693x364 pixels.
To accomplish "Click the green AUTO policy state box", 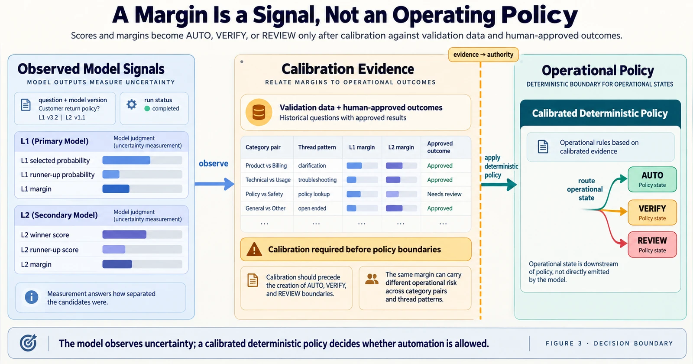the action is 652,179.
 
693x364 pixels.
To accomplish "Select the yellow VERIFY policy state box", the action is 652,213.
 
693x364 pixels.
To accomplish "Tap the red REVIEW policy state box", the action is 652,244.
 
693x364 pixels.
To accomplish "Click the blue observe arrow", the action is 214,184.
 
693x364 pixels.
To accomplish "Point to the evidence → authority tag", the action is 483,55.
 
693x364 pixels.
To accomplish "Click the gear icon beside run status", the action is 132,104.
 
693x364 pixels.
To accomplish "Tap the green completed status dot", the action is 147,109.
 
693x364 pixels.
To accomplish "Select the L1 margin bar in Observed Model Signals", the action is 116,189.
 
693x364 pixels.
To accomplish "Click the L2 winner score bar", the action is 124,234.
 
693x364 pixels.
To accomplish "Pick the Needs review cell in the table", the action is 444,194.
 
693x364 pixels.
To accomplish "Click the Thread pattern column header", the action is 317,147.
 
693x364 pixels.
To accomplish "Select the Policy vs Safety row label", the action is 264,194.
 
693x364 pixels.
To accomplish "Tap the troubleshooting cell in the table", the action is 317,180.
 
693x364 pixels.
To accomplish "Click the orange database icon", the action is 259,112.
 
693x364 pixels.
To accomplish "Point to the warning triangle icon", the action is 254,250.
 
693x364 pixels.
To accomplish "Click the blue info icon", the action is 32,297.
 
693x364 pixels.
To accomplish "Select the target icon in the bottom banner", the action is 28,343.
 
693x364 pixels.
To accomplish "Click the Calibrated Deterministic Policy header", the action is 600,113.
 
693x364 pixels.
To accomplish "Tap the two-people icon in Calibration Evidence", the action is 372,279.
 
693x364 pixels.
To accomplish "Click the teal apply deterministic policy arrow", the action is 499,185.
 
